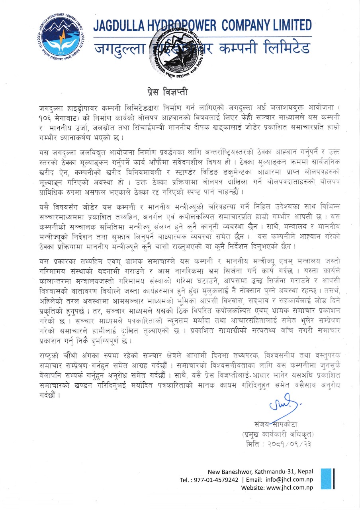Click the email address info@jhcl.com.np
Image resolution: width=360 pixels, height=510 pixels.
(x=287, y=480)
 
